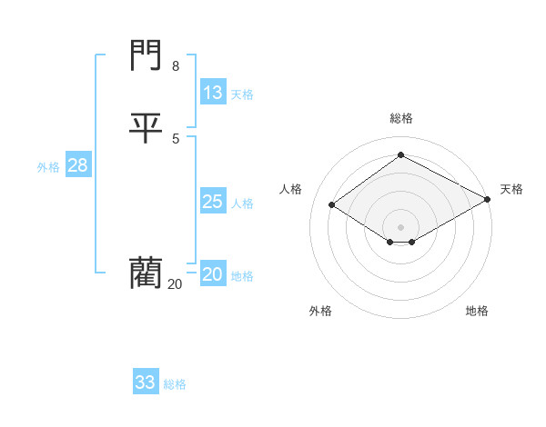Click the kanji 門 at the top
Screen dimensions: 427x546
[x=147, y=56]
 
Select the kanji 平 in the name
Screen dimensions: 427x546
[x=147, y=127]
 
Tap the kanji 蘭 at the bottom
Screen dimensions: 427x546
[x=147, y=272]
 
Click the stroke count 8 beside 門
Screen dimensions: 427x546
[x=176, y=66]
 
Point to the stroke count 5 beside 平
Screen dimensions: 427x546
[x=176, y=138]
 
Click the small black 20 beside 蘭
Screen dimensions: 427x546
[x=175, y=284]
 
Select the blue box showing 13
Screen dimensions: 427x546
[x=212, y=93]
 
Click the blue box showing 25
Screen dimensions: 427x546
[x=212, y=202]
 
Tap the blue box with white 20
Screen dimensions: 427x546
[x=212, y=274]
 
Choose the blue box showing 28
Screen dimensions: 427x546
[x=77, y=165]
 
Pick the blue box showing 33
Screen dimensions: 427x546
[x=146, y=382]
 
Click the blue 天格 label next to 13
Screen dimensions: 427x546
[x=242, y=94]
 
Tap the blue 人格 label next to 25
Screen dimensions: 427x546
[x=242, y=204]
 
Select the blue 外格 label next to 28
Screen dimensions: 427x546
[x=48, y=167]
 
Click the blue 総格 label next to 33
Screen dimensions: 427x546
[x=175, y=384]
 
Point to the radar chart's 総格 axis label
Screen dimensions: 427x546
[x=401, y=118]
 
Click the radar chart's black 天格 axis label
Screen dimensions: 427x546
[x=511, y=189]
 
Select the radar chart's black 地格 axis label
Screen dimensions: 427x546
[x=477, y=311]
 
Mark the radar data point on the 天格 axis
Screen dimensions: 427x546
[x=488, y=199]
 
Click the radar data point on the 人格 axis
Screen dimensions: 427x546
[x=332, y=205]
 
